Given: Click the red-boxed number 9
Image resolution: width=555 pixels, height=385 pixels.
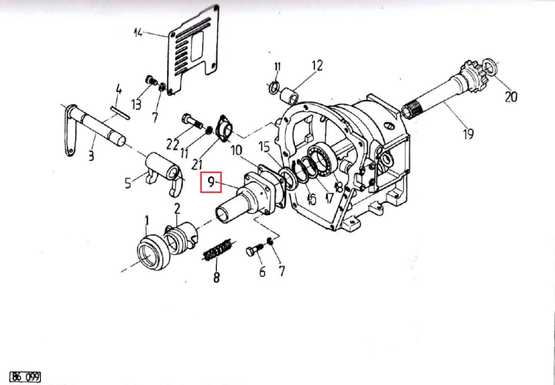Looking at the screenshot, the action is [211, 182].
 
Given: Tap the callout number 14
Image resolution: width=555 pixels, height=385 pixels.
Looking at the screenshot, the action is [138, 33].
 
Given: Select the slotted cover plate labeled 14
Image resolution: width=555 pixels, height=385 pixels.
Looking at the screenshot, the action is [193, 50].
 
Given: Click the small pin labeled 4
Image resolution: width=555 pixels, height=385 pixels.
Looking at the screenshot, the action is [121, 113].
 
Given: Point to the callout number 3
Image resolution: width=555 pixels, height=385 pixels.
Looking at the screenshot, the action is [91, 155].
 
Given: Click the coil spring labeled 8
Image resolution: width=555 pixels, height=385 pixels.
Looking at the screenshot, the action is [218, 250].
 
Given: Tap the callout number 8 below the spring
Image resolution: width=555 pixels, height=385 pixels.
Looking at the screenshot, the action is [216, 277].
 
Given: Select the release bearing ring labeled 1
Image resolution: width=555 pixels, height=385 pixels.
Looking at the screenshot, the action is [153, 252].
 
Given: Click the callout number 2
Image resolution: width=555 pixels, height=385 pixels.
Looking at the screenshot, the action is [177, 208].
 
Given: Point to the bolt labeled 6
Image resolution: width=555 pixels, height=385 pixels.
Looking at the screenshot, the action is [255, 250].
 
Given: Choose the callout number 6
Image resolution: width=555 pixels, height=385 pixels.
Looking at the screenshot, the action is [262, 271].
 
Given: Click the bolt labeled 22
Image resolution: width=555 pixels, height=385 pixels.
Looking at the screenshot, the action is [192, 121].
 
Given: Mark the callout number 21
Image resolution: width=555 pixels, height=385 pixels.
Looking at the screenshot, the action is [196, 164].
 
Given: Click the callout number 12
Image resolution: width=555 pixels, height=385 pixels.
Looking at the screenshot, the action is [317, 65].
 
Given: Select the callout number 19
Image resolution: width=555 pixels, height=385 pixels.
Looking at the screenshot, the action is [468, 134].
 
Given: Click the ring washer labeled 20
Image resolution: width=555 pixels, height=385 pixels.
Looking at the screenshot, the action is [490, 67].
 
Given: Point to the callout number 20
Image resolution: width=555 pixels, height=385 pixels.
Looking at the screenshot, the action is [511, 96].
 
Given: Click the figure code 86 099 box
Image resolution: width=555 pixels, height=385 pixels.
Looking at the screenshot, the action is [25, 377].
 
